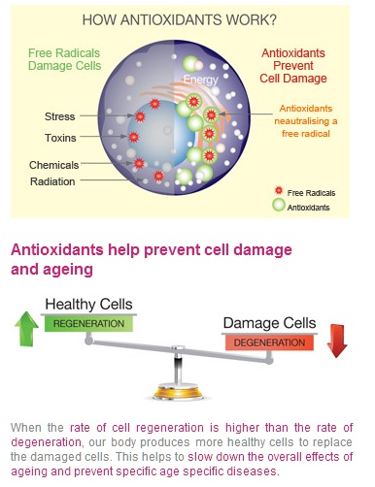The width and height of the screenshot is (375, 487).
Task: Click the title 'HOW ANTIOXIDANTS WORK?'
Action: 180,19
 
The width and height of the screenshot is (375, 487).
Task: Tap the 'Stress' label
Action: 60,116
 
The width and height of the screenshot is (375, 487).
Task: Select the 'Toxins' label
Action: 60,138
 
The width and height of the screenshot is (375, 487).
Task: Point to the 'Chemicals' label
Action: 54,165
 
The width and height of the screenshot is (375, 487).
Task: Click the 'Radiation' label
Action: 52,181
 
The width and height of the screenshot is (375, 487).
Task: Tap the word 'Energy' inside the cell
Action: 201,80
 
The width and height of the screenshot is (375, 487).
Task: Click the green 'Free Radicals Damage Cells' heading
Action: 64,59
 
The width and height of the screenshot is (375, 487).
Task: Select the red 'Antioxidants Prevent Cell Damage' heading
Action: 293,66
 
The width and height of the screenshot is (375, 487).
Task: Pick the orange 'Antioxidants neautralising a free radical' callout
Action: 306,121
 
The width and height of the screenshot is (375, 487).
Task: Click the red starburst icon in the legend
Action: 279,191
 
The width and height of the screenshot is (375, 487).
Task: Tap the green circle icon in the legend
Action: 279,205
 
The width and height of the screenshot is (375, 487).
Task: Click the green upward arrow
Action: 26,329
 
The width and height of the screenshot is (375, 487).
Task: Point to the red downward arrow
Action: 337,341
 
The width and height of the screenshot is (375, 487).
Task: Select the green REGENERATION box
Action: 88,324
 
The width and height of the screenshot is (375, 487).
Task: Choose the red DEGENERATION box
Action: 269,342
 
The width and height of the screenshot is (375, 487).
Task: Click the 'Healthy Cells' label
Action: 88,305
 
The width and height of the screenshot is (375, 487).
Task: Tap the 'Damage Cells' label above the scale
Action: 269,323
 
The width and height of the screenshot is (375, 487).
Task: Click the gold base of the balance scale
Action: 178,391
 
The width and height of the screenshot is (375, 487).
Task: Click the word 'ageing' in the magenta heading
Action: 72,270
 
